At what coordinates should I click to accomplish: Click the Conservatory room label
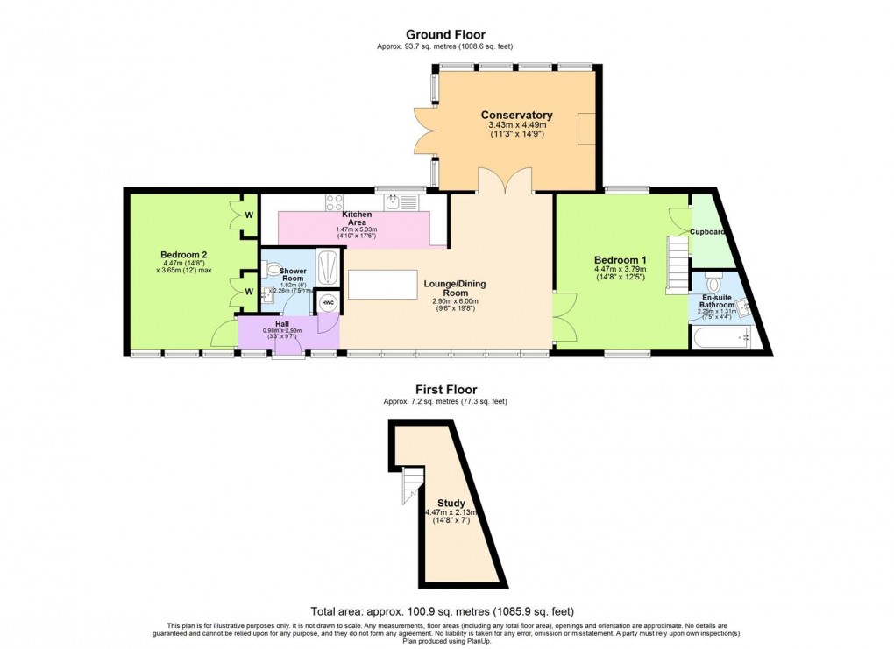point(516,116)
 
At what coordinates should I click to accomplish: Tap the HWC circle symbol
point(328,302)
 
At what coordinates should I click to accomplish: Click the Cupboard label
point(706,232)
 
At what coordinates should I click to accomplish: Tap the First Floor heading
point(445,389)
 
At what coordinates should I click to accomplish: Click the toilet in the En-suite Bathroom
point(713,284)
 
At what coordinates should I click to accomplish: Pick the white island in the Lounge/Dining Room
point(382,285)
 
